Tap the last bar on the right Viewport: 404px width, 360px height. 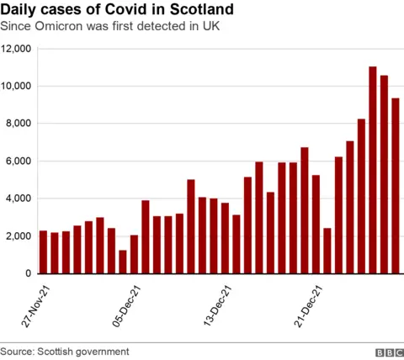coord(396,186)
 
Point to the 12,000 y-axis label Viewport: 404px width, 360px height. coord(17,50)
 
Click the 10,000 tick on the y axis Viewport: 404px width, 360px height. coord(17,87)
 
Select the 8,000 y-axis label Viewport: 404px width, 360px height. coord(19,124)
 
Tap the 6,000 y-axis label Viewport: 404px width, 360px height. coord(19,161)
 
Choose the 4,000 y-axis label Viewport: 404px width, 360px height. coord(19,199)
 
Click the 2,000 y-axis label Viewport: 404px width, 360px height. coord(19,236)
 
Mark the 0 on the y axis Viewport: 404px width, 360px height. coord(29,274)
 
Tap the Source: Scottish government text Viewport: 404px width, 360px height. coord(65,351)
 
